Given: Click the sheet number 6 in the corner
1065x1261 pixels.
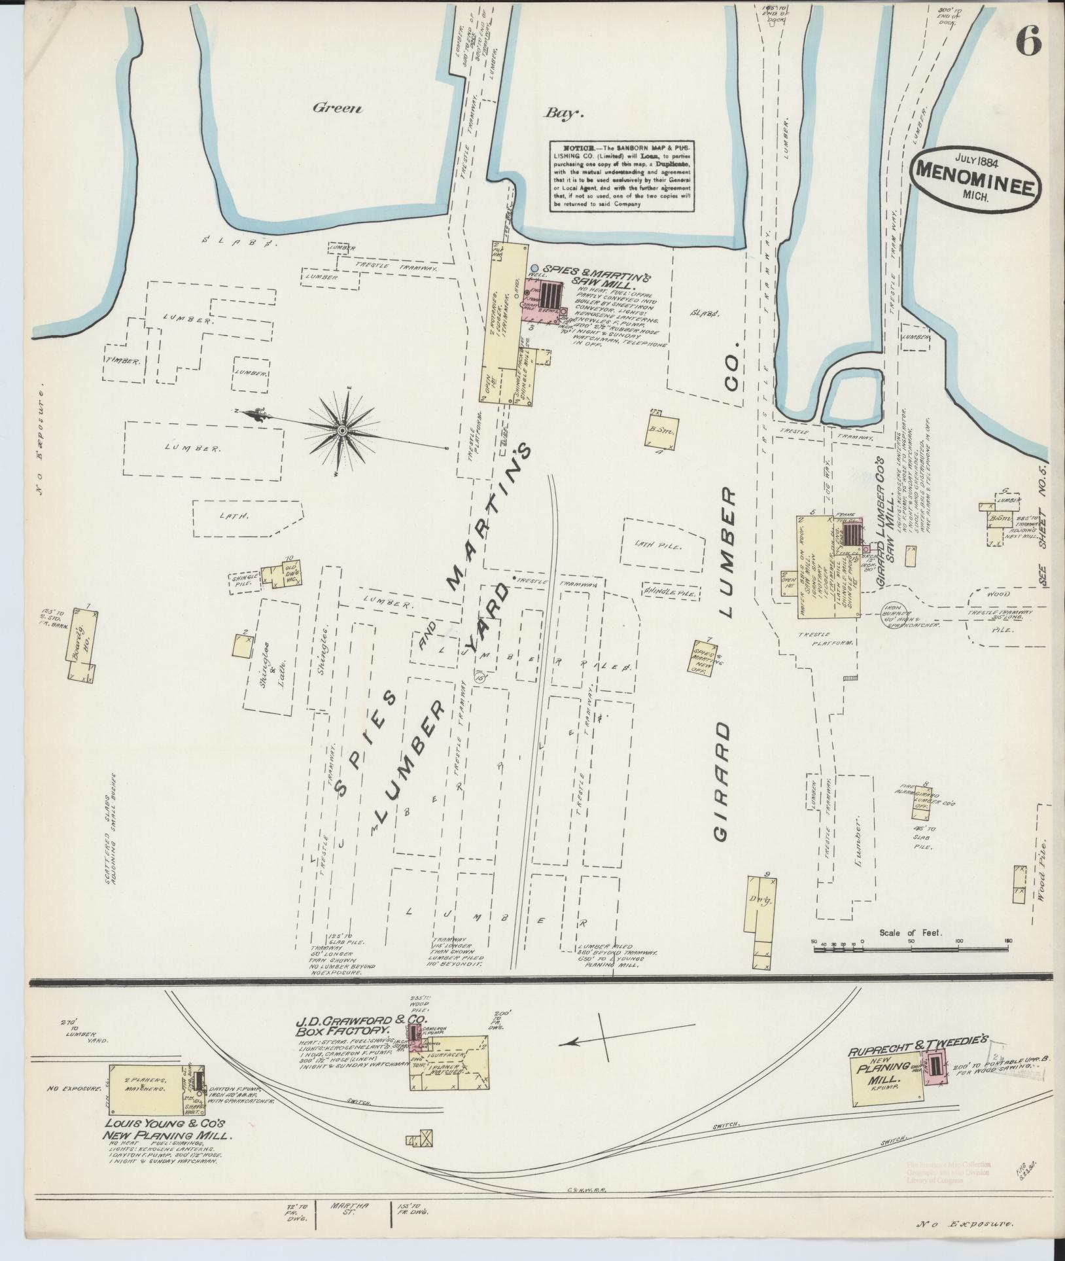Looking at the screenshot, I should tap(1028, 44).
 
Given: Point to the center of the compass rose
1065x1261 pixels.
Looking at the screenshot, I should tap(342, 430).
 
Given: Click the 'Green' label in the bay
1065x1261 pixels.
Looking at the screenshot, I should tap(337, 109).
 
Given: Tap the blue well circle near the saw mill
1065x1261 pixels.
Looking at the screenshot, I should tap(534, 268).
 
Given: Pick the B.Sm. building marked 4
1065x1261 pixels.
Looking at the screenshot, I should tap(663, 429).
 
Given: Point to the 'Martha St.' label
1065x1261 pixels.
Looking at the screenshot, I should tap(359, 1209).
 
